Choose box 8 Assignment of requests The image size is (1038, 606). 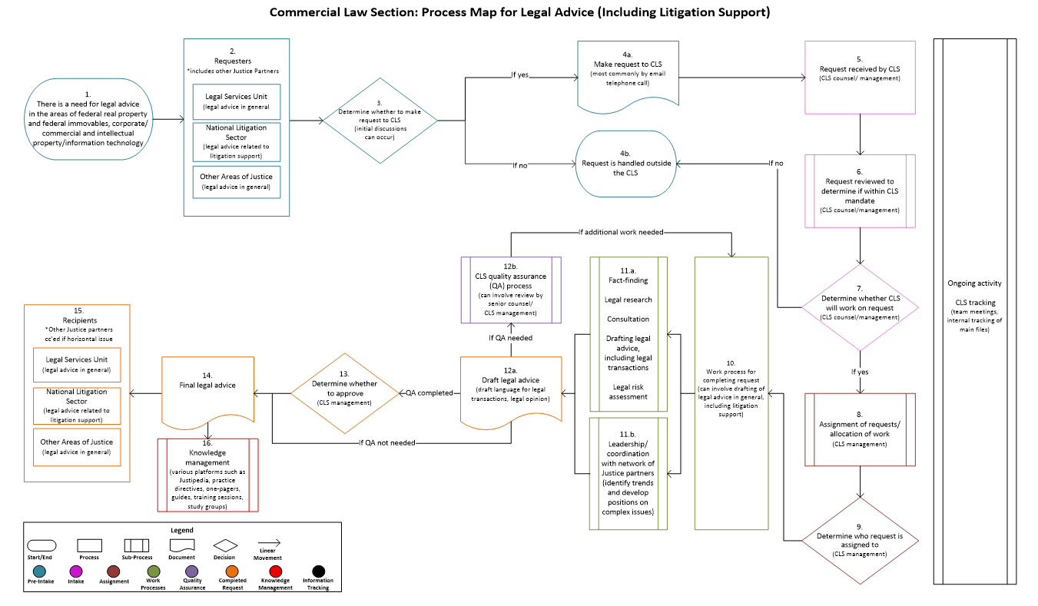click(860, 429)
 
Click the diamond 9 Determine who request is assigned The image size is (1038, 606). click(860, 542)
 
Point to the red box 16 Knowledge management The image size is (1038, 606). click(207, 474)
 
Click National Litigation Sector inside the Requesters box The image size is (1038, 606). click(237, 141)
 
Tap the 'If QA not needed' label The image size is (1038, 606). click(391, 442)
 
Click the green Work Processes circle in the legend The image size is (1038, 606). click(153, 571)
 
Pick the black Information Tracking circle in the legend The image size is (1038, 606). click(317, 571)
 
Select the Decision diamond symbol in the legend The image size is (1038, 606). click(224, 545)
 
